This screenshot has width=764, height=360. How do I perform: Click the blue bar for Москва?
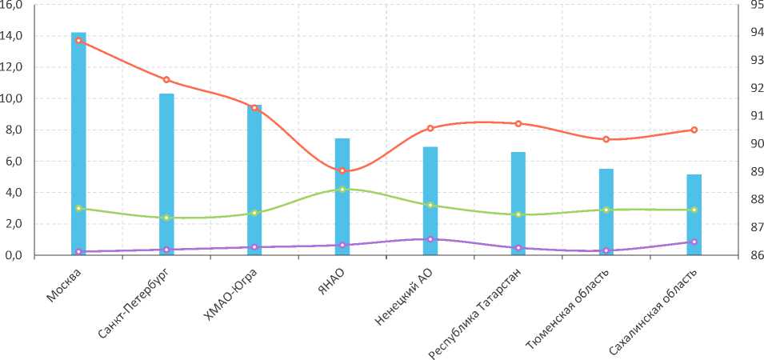tap(78, 144)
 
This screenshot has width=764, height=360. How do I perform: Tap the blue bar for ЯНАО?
tap(342, 197)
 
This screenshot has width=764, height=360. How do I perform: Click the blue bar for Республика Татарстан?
tap(518, 203)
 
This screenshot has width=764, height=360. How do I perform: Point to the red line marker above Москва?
tap(78, 40)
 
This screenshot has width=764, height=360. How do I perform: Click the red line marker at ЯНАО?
tap(342, 170)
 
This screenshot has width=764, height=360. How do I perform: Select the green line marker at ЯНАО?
tap(342, 190)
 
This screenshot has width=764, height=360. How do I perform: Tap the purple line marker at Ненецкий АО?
tap(430, 239)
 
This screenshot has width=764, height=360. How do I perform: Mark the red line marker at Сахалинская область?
tap(694, 130)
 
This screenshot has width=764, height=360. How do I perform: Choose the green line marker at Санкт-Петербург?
tap(166, 218)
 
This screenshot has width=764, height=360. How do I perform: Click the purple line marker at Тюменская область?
tap(606, 250)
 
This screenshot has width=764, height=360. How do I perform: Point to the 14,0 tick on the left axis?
tap(16, 36)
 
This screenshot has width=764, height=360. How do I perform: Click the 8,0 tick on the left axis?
tap(16, 130)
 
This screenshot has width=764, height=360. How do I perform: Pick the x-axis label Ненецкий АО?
tap(403, 298)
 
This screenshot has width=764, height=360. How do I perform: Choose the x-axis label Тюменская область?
tap(568, 307)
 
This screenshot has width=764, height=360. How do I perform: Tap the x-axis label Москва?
tap(63, 286)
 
